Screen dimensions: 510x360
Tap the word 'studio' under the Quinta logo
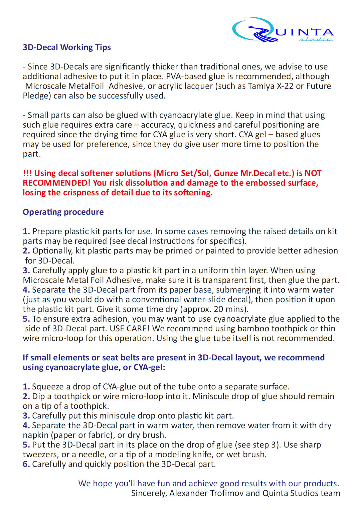(x=316, y=39)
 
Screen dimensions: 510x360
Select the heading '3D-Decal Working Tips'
(x=67, y=47)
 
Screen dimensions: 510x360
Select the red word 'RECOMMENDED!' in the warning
(x=56, y=183)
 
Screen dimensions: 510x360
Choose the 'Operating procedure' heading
(x=63, y=212)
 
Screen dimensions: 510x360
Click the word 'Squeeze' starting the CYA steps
(x=48, y=387)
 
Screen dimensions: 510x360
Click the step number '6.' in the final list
(x=26, y=464)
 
